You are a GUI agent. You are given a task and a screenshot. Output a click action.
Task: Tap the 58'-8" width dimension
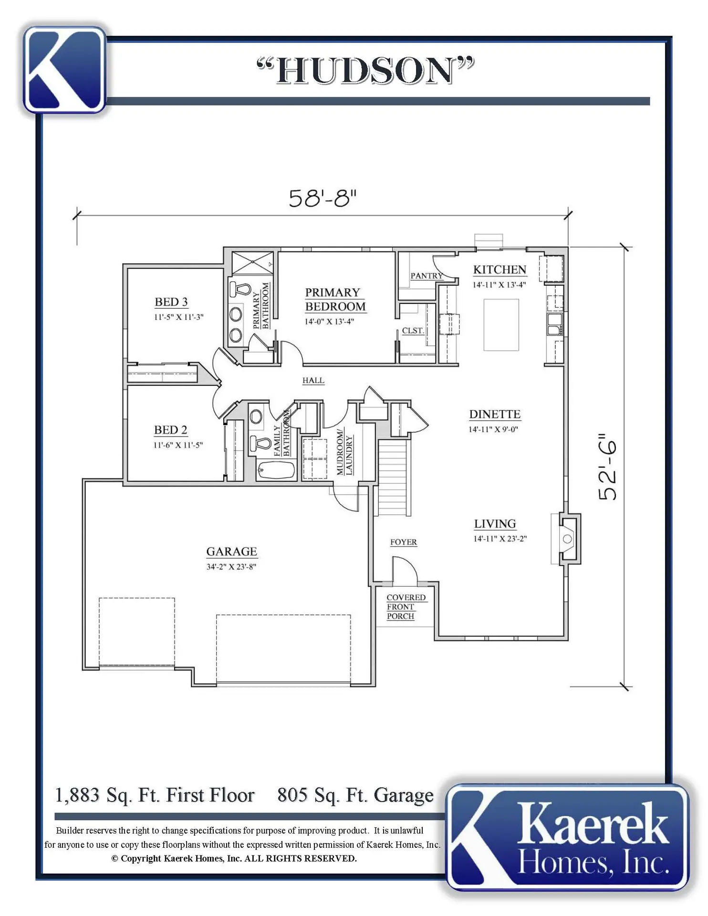tap(323, 198)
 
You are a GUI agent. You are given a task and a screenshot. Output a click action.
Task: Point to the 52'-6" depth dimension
tap(608, 467)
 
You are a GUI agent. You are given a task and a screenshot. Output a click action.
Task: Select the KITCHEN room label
tap(500, 270)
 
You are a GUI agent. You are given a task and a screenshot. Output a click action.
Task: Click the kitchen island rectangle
tap(501, 325)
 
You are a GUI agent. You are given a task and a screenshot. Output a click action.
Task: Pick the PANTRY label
tap(427, 276)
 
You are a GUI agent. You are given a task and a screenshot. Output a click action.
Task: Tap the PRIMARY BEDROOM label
tap(335, 300)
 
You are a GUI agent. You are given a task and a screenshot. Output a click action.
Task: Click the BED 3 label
tap(171, 302)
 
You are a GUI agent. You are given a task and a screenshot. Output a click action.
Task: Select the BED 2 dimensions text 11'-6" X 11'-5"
tap(178, 445)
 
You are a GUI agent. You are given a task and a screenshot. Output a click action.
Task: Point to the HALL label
tap(313, 380)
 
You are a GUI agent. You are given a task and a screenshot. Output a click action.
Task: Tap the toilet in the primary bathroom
tap(241, 289)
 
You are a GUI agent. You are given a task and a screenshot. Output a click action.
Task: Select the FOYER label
tap(404, 542)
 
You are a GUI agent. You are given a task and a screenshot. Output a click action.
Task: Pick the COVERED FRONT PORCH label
tap(406, 607)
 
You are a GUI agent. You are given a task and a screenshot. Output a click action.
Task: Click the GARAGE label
tap(231, 552)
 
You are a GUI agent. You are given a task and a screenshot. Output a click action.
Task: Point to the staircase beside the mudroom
tap(394, 478)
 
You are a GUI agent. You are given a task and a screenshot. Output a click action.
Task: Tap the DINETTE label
tap(495, 414)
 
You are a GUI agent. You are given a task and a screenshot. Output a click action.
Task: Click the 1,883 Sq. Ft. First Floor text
tap(155, 795)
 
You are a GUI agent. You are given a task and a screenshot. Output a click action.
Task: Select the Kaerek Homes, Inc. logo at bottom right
tap(568, 837)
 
